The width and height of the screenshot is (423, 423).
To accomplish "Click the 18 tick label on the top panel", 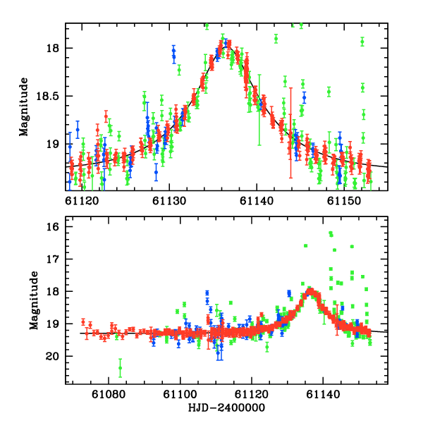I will (54, 48).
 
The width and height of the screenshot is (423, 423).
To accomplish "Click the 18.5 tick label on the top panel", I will (49, 96).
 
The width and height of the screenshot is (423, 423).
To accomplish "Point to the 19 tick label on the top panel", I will (54, 144).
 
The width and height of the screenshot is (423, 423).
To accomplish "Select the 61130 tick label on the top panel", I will (169, 200).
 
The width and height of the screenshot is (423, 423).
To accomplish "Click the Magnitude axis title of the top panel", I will (25, 106).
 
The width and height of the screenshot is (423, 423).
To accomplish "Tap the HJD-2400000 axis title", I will (227, 408).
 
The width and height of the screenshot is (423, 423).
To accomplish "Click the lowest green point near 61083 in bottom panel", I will (121, 367).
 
